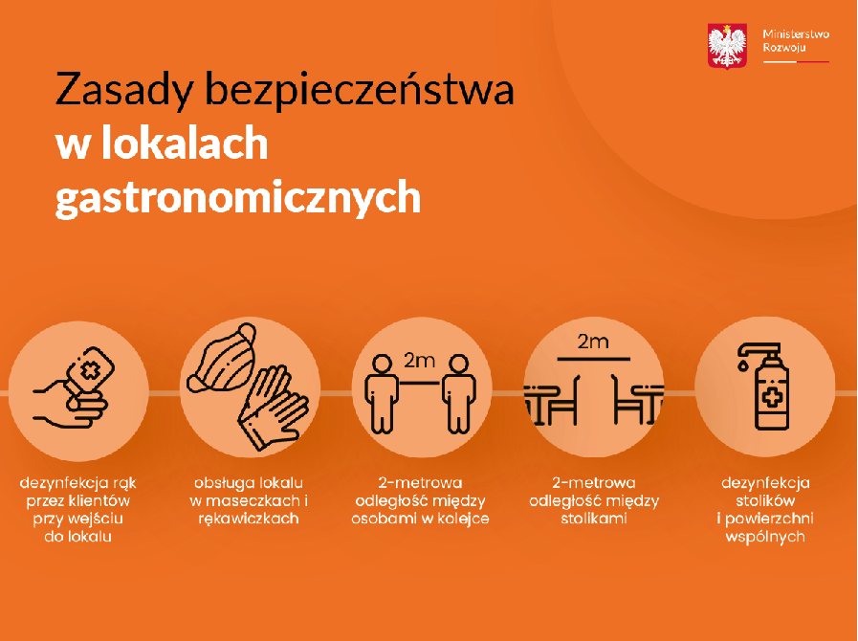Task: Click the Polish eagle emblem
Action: tap(727, 46)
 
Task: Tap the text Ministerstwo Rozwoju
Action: tap(796, 40)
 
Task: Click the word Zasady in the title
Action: tap(123, 89)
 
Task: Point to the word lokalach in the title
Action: tap(185, 143)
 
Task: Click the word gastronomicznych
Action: tap(238, 198)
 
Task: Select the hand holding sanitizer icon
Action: tap(74, 387)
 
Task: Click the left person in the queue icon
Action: tap(382, 393)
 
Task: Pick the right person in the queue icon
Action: tap(458, 393)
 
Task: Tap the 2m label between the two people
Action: tap(420, 361)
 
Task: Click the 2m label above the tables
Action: tap(593, 343)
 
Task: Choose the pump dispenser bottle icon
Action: tap(765, 387)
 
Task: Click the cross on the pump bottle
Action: tap(772, 398)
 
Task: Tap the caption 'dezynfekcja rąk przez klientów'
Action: tap(77, 492)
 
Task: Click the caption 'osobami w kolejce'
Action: tap(420, 519)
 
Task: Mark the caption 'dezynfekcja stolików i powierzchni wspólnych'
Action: tap(765, 510)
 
